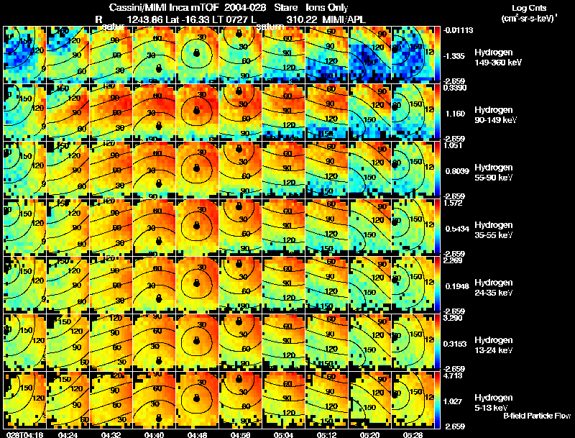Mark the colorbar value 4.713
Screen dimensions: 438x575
pos(454,375)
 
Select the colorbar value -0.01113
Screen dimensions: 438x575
pos(457,30)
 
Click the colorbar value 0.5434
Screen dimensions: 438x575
pos(456,227)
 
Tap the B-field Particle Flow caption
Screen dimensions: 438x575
pos(536,416)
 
